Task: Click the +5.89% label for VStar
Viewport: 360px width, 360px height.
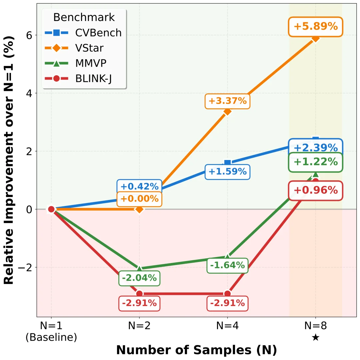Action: point(315,26)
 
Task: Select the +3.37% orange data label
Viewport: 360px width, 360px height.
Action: point(228,101)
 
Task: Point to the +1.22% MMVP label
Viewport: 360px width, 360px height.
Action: point(315,162)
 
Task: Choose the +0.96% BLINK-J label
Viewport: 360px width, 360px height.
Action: point(315,190)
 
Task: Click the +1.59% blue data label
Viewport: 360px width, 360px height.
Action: point(228,172)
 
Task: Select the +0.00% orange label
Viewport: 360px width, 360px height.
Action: point(139,199)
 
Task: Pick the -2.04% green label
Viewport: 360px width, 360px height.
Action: point(139,278)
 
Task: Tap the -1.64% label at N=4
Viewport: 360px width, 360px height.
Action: point(228,265)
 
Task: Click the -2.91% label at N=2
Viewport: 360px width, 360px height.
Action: point(139,303)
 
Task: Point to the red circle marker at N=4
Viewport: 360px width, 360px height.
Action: point(227,293)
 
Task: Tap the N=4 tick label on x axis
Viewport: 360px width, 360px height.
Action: point(227,326)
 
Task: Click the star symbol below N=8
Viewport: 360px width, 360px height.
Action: point(316,337)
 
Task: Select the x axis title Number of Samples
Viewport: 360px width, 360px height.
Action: point(196,350)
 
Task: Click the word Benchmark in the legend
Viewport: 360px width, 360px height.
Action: point(84,17)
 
